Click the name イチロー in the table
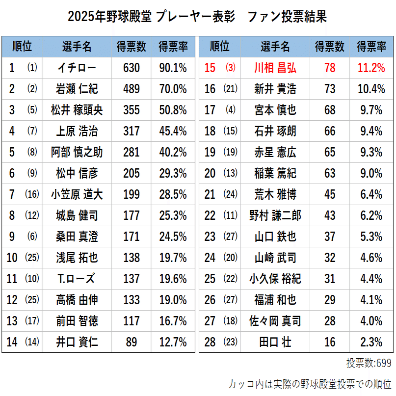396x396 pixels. [77, 68]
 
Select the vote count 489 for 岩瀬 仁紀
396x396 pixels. [131, 89]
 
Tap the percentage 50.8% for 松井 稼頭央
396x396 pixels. [173, 110]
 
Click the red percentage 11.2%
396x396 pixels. [371, 68]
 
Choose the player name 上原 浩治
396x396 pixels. [77, 131]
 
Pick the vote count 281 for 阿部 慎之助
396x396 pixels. [131, 152]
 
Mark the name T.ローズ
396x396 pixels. [77, 279]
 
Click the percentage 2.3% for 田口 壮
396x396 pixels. [371, 342]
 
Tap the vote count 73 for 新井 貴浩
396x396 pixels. [330, 89]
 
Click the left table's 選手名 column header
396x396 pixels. [77, 47]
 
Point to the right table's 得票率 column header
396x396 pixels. [371, 47]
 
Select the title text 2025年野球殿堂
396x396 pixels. [111, 17]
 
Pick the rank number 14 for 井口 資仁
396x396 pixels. [12, 342]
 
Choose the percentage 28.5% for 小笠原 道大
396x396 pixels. [173, 194]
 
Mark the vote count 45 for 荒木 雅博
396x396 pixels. [330, 194]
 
